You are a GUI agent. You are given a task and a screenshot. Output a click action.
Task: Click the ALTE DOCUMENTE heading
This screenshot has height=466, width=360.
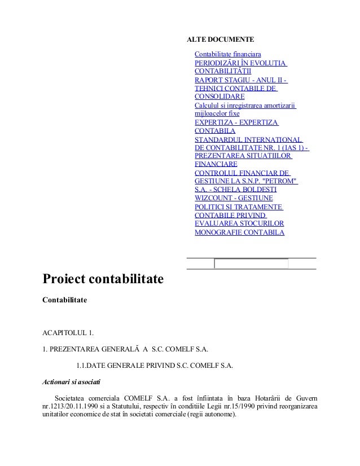[220, 41]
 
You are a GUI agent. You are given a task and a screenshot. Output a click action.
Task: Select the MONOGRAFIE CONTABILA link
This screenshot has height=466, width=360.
[239, 232]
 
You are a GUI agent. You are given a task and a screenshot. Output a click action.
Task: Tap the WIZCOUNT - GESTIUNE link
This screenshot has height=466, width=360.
[233, 198]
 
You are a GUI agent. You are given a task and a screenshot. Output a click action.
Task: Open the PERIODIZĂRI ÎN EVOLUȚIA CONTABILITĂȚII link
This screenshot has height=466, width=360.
[240, 67]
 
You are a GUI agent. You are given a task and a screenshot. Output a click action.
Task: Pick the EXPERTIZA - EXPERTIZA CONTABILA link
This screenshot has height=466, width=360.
[236, 126]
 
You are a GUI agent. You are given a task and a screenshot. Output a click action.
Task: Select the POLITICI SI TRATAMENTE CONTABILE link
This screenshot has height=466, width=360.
[238, 215]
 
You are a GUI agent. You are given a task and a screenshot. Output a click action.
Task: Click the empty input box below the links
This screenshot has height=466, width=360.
[251, 263]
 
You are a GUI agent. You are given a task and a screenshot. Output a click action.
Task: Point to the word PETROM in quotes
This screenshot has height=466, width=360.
[280, 181]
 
